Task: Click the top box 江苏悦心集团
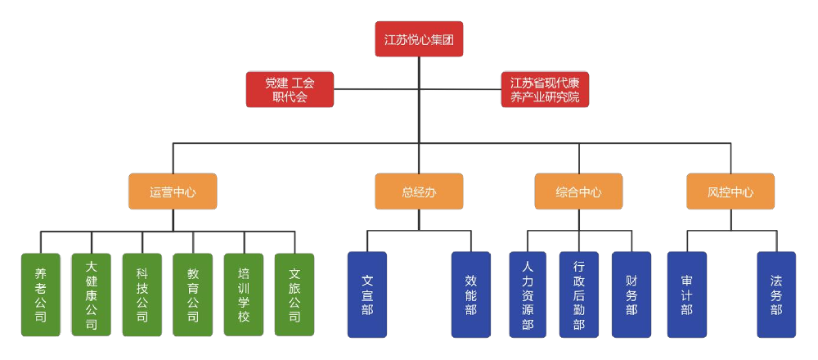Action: [419, 39]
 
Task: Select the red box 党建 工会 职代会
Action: [290, 90]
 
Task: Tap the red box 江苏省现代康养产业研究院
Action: [545, 90]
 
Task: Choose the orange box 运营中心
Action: [173, 191]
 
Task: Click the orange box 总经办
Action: [419, 191]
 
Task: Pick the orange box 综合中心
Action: [578, 191]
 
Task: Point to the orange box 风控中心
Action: [730, 191]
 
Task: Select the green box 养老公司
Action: [41, 295]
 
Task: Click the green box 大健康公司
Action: [92, 295]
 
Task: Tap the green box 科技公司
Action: [142, 295]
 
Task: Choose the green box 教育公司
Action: [193, 295]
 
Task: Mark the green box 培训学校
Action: [244, 295]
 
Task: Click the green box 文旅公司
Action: [294, 295]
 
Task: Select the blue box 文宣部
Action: [367, 295]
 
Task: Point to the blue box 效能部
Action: [471, 295]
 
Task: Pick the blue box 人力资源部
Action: [528, 295]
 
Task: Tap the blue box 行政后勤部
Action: [579, 295]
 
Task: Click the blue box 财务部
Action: [631, 295]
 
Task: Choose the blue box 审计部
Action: [686, 295]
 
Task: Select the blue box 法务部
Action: [776, 295]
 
